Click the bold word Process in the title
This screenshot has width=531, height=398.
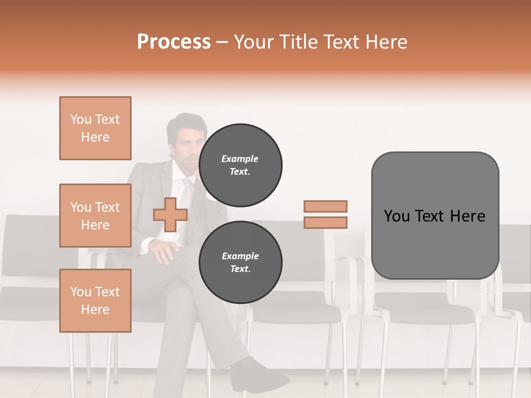174,42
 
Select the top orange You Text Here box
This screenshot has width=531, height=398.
95,128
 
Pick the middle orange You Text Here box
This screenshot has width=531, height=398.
95,216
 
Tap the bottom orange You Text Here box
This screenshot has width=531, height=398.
95,301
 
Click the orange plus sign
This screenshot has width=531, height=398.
170,214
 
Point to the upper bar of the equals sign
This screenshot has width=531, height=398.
325,206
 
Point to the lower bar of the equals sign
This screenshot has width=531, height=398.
325,223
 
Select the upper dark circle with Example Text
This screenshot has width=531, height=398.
240,165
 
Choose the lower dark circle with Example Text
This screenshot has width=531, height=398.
240,262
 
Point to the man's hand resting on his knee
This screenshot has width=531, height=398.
162,252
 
